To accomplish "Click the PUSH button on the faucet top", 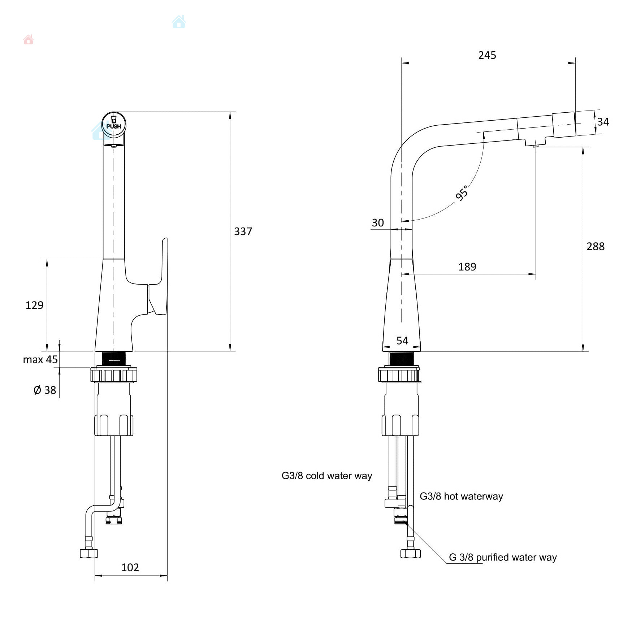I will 114,124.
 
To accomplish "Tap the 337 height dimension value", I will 243,231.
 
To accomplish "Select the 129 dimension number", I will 34,306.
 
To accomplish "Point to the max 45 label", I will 40,360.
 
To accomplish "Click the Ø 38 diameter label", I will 45,390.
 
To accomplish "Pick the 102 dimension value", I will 130,567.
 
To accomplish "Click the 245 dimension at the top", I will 487,55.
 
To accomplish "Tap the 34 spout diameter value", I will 603,122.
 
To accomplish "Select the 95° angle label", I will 462,193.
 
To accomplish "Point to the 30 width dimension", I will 378,223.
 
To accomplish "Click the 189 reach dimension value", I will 467,267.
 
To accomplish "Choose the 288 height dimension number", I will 596,246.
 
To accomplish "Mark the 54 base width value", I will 402,341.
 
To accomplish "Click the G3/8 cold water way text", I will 326,476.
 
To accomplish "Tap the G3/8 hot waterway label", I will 461,496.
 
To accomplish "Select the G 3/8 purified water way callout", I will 503,557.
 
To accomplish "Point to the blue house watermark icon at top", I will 179,22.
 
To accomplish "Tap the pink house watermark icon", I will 28,40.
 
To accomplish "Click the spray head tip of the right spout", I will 564,125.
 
